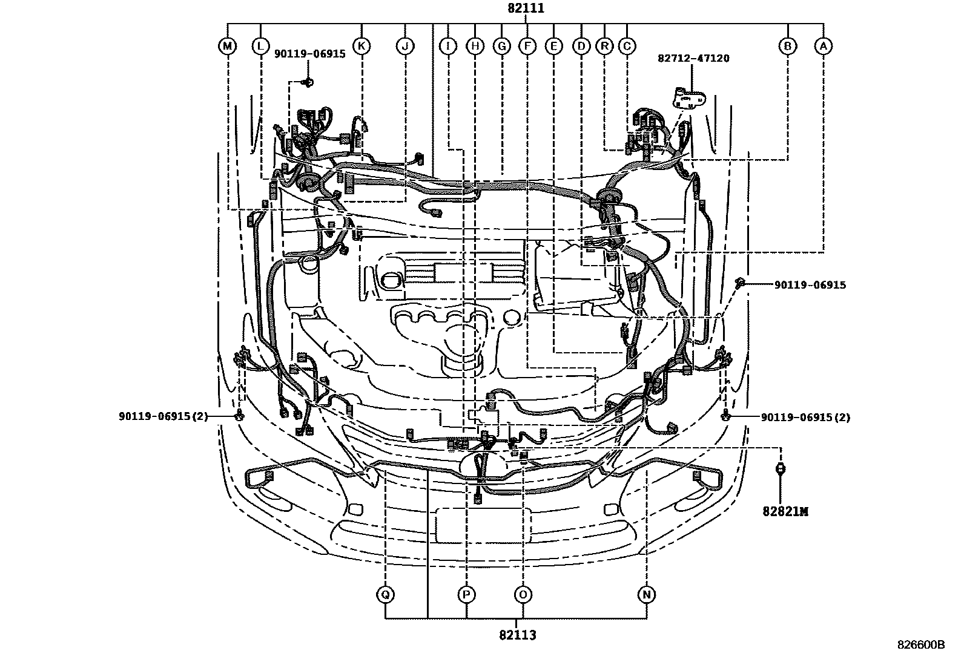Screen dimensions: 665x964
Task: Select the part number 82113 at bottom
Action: pyautogui.click(x=518, y=635)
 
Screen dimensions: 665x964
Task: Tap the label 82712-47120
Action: pyautogui.click(x=693, y=58)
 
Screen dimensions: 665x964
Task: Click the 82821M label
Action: pyautogui.click(x=785, y=511)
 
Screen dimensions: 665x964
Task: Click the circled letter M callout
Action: pyautogui.click(x=227, y=45)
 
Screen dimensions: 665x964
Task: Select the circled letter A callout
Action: pyautogui.click(x=822, y=45)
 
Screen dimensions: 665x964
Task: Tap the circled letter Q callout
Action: pyautogui.click(x=385, y=595)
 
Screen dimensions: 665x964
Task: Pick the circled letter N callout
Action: pyautogui.click(x=647, y=595)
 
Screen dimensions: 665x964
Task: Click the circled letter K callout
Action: pyautogui.click(x=361, y=45)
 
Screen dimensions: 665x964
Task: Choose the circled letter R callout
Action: pyautogui.click(x=604, y=45)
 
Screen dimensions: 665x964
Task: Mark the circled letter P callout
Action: pyautogui.click(x=466, y=595)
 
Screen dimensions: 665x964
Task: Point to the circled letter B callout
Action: pyautogui.click(x=788, y=45)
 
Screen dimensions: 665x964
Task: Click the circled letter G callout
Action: pyautogui.click(x=501, y=45)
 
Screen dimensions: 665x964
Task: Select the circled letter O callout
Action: pyautogui.click(x=523, y=595)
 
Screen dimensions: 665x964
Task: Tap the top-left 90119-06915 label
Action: pyautogui.click(x=309, y=53)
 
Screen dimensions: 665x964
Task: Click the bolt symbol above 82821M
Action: pyautogui.click(x=781, y=467)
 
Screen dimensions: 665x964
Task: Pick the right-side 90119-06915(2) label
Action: pyautogui.click(x=805, y=417)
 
